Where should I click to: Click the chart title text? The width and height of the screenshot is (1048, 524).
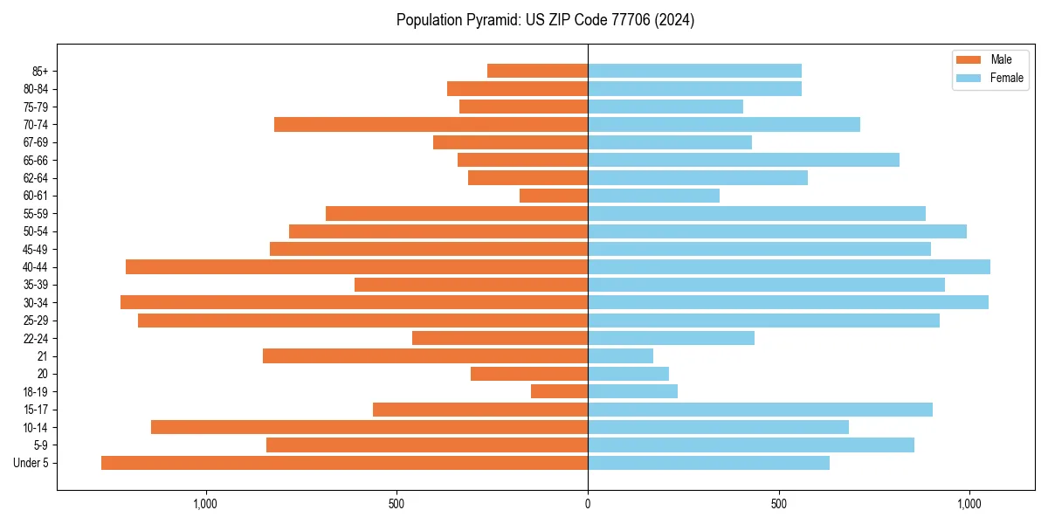(545, 20)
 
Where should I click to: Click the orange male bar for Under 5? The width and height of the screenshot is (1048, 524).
(344, 463)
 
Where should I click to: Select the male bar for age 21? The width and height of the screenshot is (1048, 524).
(424, 355)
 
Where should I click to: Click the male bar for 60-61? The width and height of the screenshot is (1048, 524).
(554, 196)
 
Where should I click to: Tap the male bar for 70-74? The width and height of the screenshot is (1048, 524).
(431, 124)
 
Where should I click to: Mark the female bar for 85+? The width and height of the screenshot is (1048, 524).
(694, 71)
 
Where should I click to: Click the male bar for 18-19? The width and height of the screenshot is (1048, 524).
(559, 391)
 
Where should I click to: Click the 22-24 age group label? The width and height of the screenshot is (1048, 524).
(35, 338)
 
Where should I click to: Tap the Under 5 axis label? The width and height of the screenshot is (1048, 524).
(31, 463)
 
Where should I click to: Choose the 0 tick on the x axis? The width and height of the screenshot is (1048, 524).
(588, 504)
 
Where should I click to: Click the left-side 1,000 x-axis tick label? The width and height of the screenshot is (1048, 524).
(205, 504)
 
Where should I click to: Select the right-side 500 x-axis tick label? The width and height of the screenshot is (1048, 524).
(779, 504)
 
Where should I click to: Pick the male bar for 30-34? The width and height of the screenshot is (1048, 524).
(354, 302)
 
